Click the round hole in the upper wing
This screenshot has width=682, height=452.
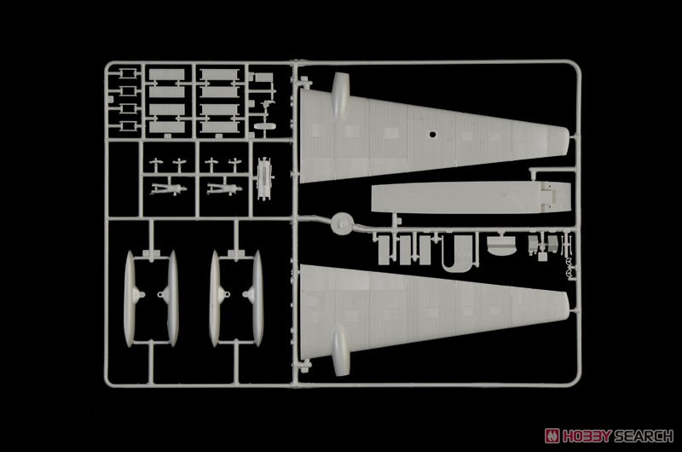[432, 135]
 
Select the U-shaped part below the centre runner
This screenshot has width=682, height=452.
[458, 253]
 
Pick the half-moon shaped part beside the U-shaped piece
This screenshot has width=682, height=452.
[501, 246]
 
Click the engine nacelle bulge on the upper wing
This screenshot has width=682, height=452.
[340, 94]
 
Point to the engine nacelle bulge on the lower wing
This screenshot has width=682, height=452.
[340, 351]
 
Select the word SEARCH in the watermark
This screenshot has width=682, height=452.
[644, 436]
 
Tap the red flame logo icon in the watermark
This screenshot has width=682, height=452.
[552, 436]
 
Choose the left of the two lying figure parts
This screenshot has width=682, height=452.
[168, 189]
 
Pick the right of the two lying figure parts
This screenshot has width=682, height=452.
[224, 189]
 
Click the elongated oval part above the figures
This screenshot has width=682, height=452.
[265, 126]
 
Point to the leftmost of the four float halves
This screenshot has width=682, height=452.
[130, 298]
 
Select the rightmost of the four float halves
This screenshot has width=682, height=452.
[257, 298]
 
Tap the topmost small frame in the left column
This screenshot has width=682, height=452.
[126, 73]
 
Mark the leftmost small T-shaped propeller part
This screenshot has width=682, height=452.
[155, 165]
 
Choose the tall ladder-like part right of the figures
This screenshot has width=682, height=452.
[263, 179]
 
